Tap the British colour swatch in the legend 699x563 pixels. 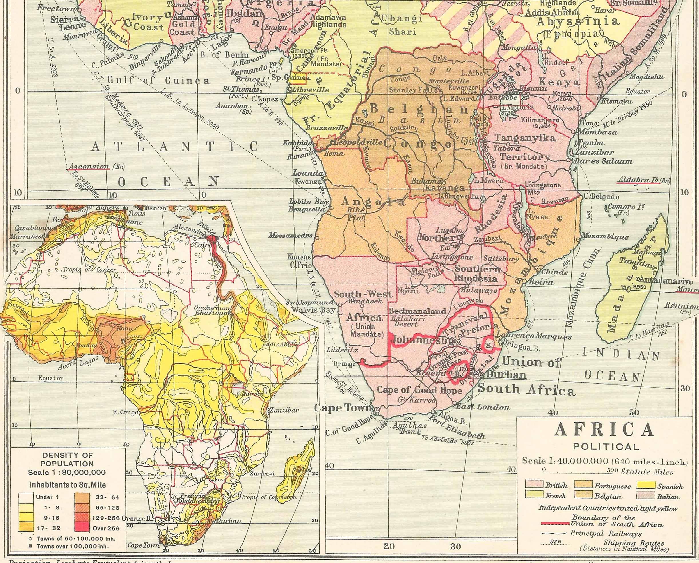point(534,484)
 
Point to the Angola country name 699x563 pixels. point(373,202)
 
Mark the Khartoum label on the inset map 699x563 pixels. point(212,313)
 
